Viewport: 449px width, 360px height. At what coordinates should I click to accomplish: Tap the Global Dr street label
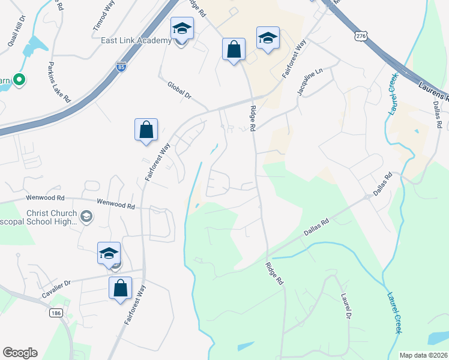[x=179, y=91]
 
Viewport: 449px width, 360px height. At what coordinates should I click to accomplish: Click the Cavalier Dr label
[x=56, y=289]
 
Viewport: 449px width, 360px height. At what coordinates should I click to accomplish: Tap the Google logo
[x=20, y=353]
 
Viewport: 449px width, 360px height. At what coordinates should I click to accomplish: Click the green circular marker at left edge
[x=19, y=79]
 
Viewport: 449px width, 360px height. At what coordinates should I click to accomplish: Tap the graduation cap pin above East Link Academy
[x=182, y=29]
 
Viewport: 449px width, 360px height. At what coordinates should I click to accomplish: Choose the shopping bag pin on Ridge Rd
[x=234, y=49]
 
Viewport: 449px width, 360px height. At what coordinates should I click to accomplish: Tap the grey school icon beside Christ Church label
[x=86, y=216]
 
